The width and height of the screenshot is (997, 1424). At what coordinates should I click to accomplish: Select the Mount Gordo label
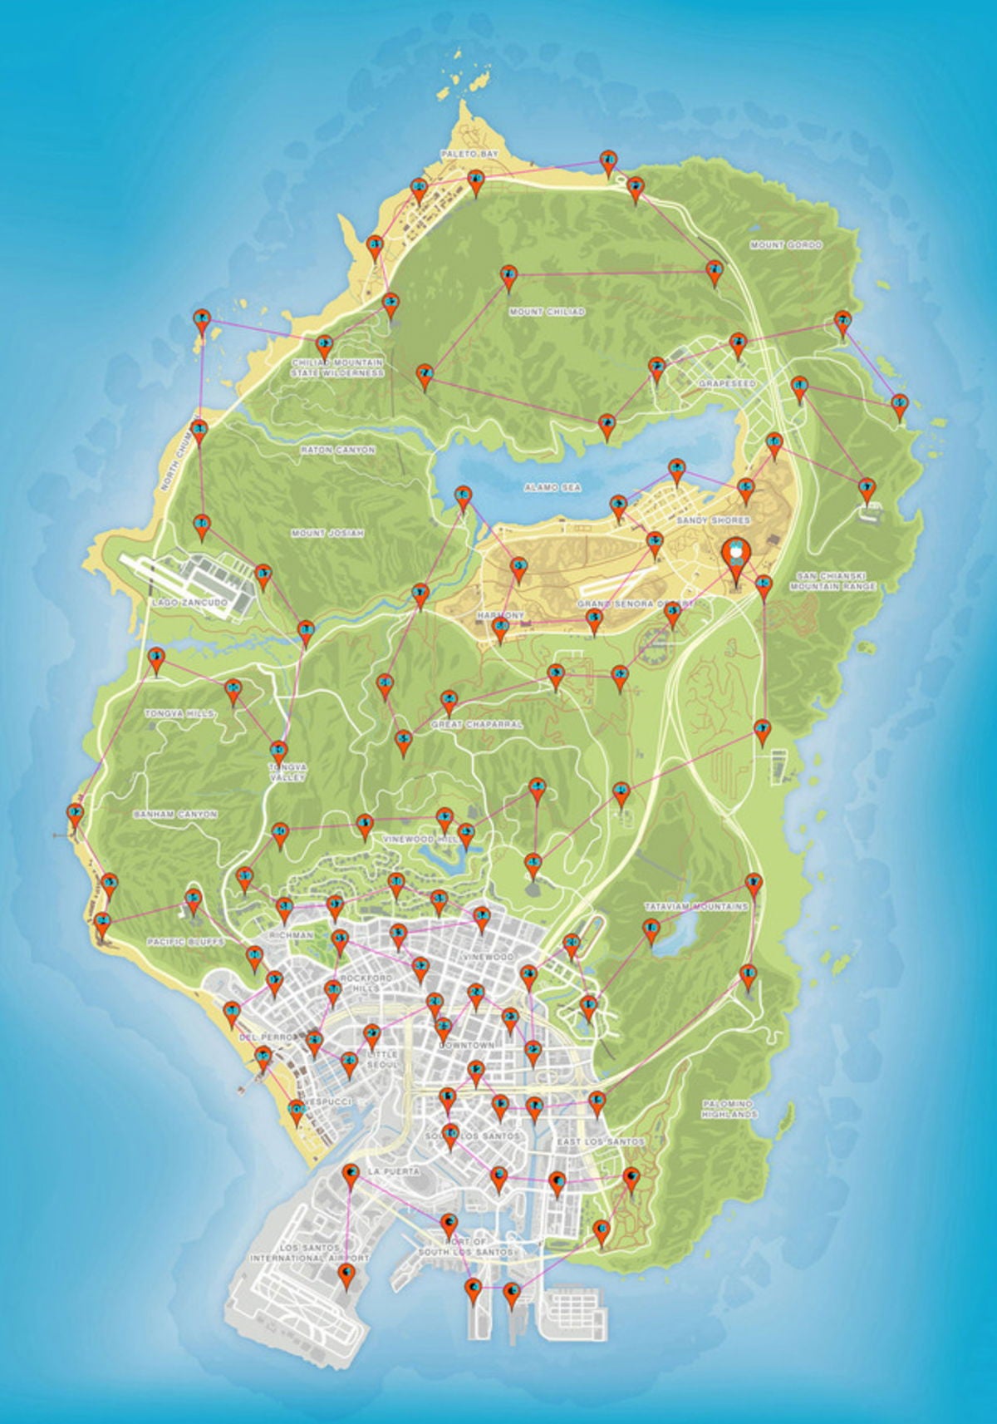point(785,245)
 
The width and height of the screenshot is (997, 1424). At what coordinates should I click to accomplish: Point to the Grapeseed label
point(727,384)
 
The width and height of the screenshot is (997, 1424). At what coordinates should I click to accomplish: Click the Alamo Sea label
point(553,487)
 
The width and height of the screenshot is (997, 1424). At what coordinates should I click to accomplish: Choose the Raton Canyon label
point(337,450)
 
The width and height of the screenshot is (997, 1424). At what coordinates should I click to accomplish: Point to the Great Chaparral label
point(477,725)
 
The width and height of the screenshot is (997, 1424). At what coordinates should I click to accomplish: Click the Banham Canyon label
point(175,815)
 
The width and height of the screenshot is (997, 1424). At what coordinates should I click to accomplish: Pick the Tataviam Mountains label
point(696,906)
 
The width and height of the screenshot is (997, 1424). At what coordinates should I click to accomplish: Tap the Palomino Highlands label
point(730,1108)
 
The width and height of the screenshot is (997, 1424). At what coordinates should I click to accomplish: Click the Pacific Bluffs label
point(185,942)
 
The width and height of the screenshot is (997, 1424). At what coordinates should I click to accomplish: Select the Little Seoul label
point(377,1059)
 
